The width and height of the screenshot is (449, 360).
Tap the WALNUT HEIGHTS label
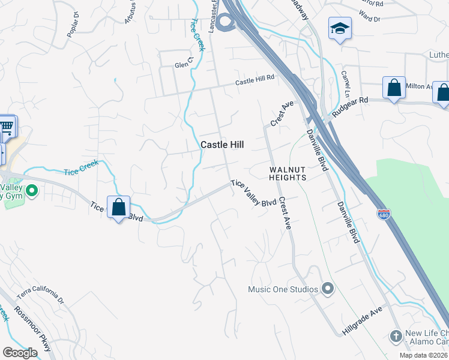click(287, 173)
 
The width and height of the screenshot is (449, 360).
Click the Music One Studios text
click(283, 290)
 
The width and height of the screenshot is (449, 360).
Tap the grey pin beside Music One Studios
click(327, 290)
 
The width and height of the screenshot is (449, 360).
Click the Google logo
click(20, 353)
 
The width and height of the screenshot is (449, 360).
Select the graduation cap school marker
click(340, 28)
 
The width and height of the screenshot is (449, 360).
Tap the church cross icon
click(396, 336)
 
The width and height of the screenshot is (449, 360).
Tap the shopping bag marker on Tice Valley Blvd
click(119, 207)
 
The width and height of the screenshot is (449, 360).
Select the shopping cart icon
click(7, 127)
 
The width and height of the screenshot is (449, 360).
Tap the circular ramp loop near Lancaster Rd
click(225, 23)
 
